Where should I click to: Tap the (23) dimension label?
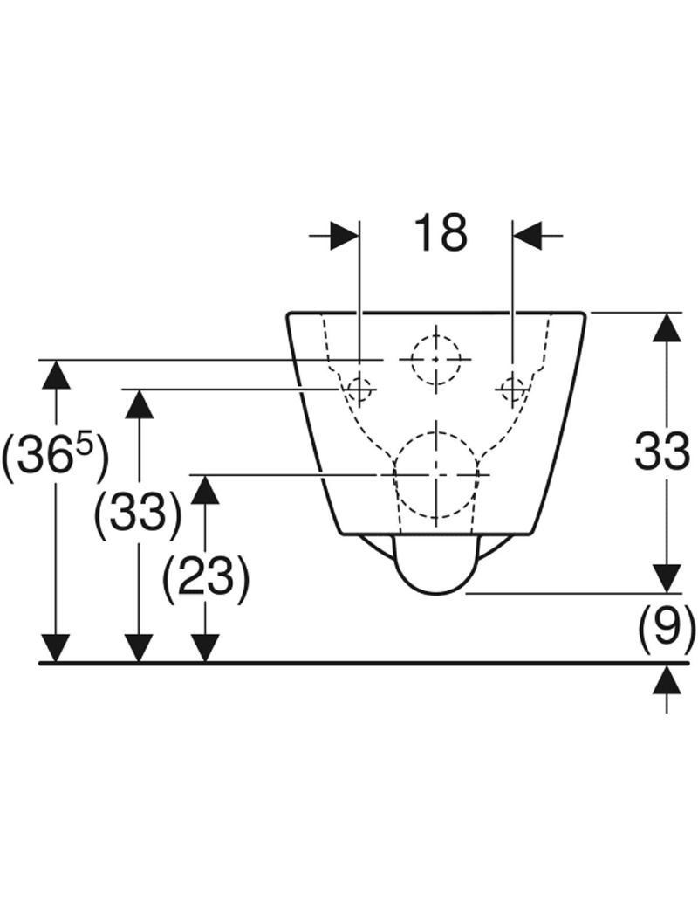(x=206, y=576)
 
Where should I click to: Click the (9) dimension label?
(x=666, y=626)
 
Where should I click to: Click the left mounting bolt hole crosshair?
(x=359, y=387)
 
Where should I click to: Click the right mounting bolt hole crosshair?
(x=512, y=387)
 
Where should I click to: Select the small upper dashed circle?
(x=435, y=358)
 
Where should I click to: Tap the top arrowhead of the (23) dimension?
(x=206, y=489)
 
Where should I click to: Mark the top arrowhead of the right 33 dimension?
(x=667, y=328)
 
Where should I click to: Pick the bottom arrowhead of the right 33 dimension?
(x=667, y=577)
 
